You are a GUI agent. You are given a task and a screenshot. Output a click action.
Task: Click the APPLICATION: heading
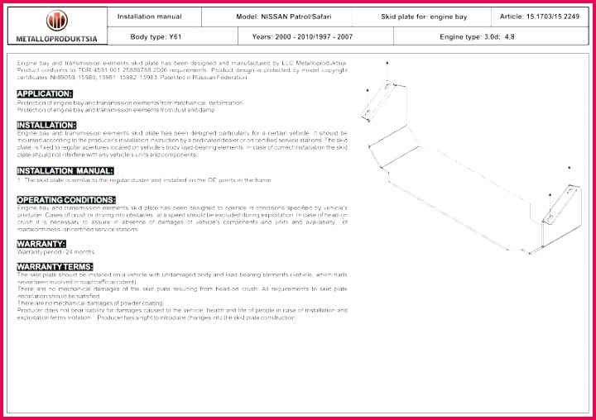[45, 93]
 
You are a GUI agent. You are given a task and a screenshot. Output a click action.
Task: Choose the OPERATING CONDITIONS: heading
[66, 200]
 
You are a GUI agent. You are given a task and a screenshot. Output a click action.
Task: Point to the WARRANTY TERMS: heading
[55, 265]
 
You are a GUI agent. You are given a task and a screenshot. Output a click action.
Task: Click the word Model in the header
[249, 17]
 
